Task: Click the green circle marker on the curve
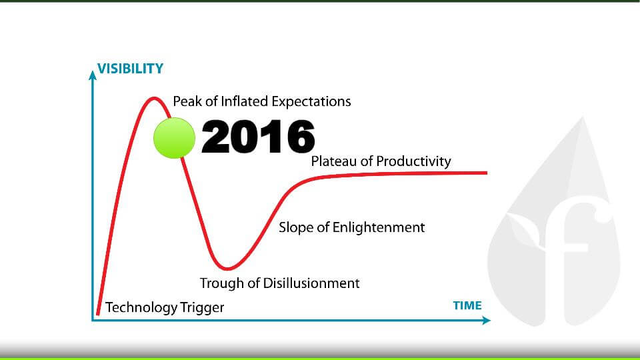pos(174,138)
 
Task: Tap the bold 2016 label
pos(258,136)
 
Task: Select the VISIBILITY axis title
pos(130,69)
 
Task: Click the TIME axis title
pos(467,305)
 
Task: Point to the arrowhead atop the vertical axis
pos(93,75)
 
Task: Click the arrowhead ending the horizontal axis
pos(486,321)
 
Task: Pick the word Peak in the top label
pos(187,101)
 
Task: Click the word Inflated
pos(245,101)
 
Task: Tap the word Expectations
pos(311,101)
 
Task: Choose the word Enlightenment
pos(379,227)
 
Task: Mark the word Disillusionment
pos(311,283)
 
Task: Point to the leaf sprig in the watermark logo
pos(526,233)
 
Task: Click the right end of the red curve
pos(487,173)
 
